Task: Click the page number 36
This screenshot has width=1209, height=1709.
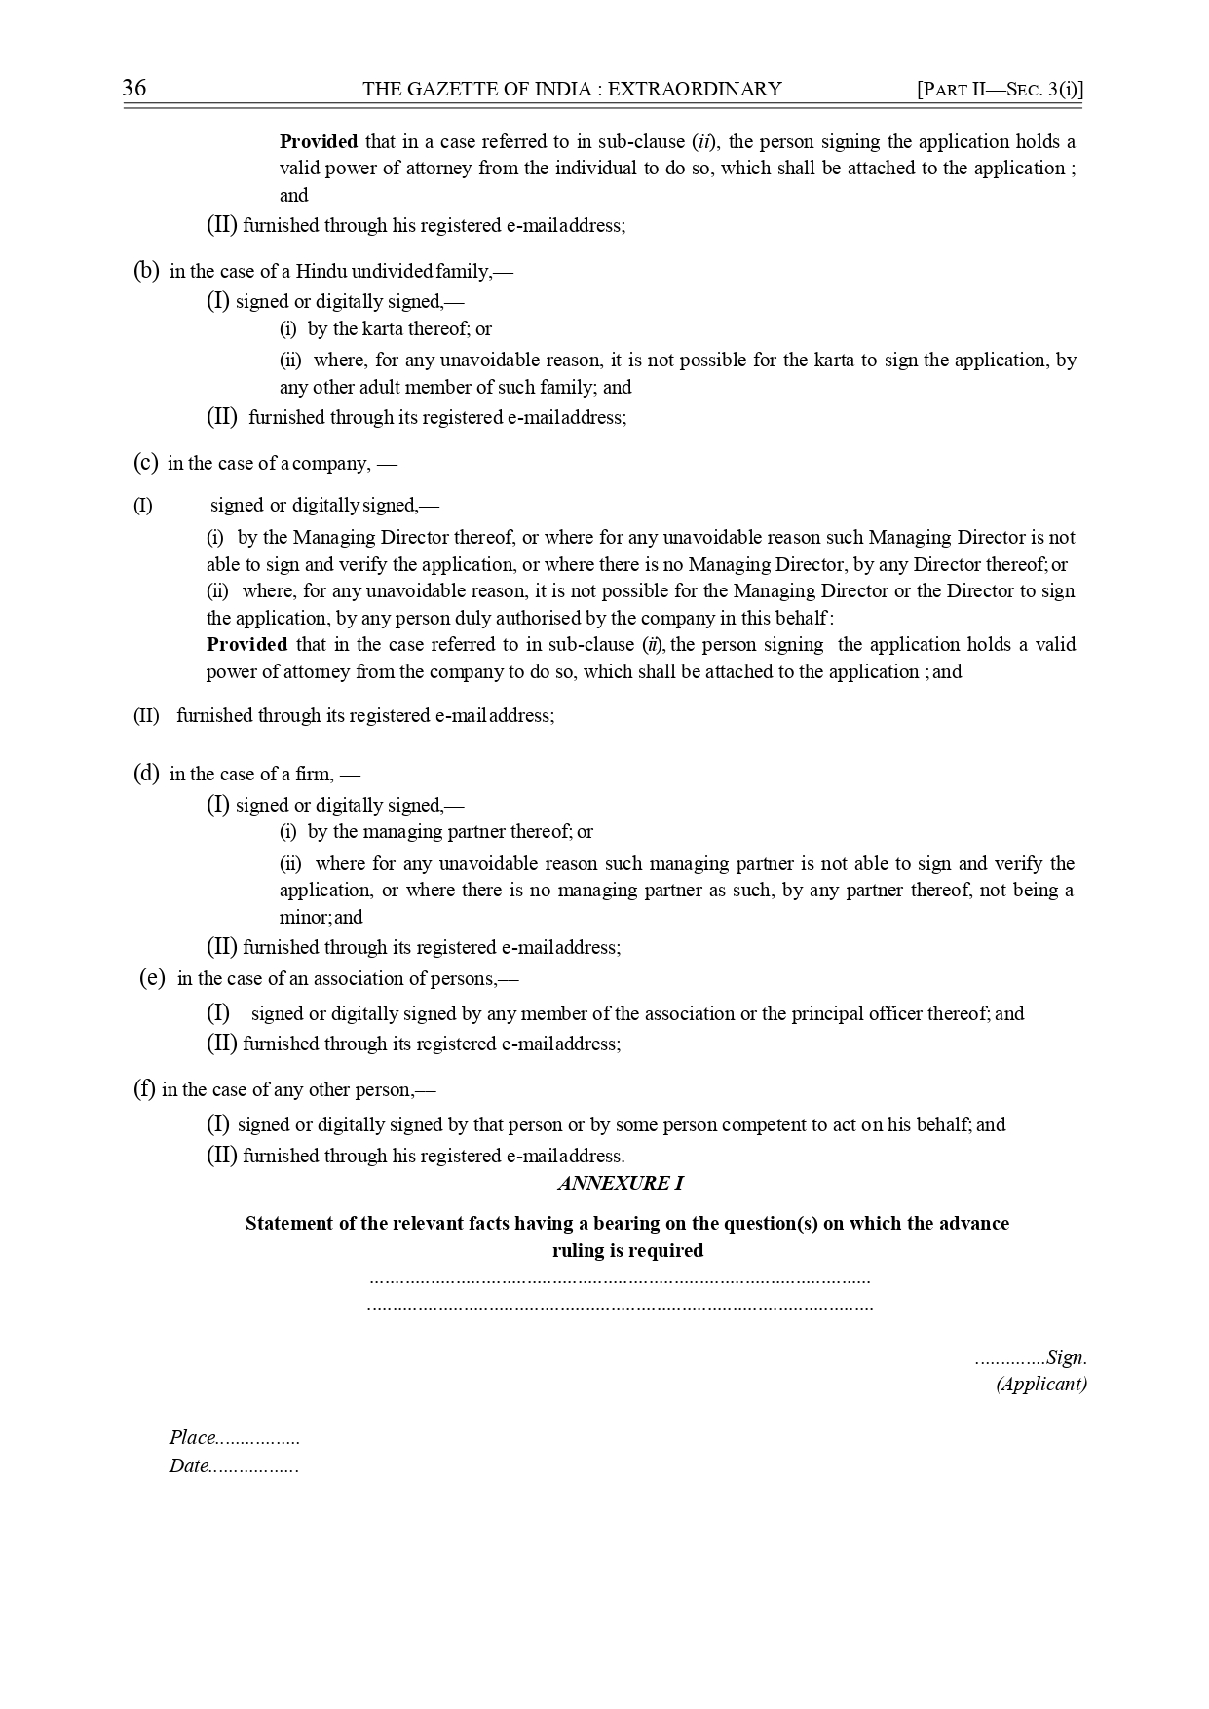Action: pyautogui.click(x=134, y=89)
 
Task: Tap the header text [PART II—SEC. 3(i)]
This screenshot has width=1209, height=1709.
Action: pyautogui.click(x=1001, y=90)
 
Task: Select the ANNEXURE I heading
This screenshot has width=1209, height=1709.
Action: pyautogui.click(x=621, y=1184)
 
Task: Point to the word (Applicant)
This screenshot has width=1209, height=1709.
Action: pyautogui.click(x=1040, y=1385)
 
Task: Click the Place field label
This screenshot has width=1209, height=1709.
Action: pyautogui.click(x=192, y=1438)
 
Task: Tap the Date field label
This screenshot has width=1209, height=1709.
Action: pyautogui.click(x=189, y=1466)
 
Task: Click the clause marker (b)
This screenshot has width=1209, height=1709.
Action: pyautogui.click(x=146, y=272)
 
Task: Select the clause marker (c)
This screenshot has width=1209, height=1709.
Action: pyautogui.click(x=145, y=464)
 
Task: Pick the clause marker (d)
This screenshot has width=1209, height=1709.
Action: pyautogui.click(x=146, y=775)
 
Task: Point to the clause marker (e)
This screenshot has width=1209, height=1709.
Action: pyautogui.click(x=152, y=979)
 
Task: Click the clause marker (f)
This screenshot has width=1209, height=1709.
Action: pyautogui.click(x=144, y=1090)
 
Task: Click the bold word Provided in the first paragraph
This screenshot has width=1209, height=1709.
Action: pyautogui.click(x=319, y=142)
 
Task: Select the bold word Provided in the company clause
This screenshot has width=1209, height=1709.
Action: pyautogui.click(x=246, y=645)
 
